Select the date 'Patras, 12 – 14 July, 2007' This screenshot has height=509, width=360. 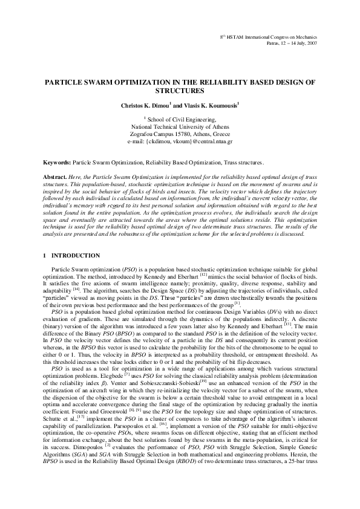coord(292,44)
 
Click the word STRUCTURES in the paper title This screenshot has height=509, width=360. coord(180,91)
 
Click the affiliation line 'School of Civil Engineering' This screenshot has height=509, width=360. coord(181,120)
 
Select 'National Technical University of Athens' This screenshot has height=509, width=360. coord(180,127)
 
